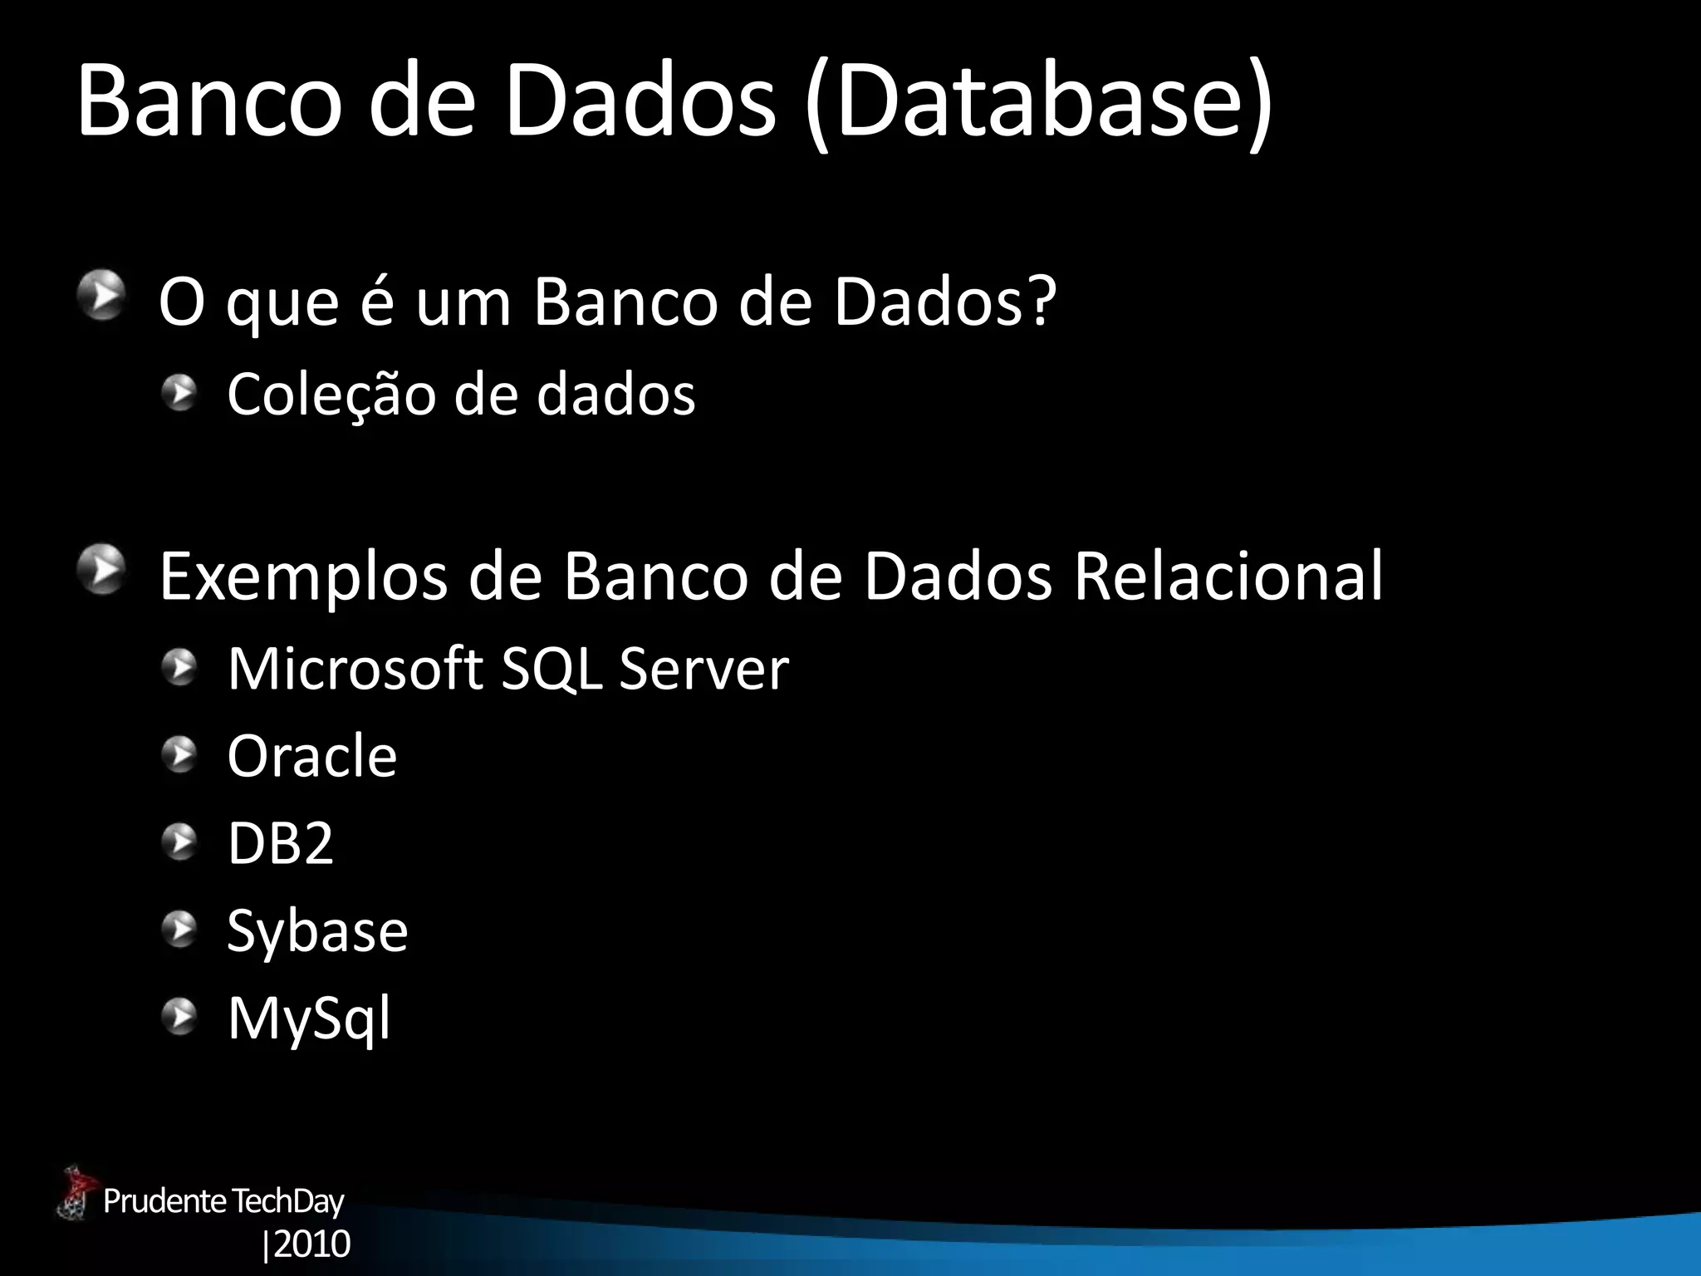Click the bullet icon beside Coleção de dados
coord(179,392)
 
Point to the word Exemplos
coord(303,576)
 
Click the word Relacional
coord(1228,576)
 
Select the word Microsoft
coord(355,669)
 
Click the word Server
coord(703,669)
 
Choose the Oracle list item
coord(311,757)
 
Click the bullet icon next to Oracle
coord(179,755)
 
